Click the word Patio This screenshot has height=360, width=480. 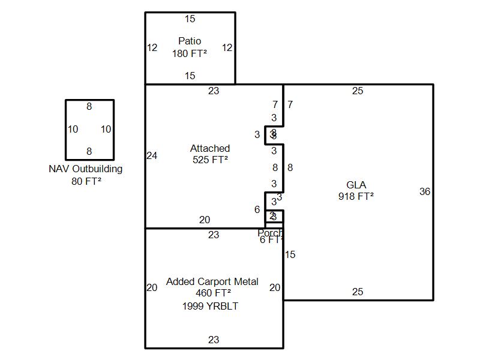tap(190, 41)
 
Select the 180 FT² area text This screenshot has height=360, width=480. tap(190, 53)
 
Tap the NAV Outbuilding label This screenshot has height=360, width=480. tap(85, 169)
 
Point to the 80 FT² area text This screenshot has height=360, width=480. tap(86, 181)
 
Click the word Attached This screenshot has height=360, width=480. tap(210, 149)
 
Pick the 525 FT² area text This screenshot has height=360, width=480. tap(210, 160)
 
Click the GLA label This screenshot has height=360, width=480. tap(356, 185)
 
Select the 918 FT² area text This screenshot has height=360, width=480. tap(356, 196)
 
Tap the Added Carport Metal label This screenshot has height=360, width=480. tap(212, 282)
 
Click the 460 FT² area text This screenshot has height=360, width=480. tap(213, 293)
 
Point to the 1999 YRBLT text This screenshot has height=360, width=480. tap(210, 306)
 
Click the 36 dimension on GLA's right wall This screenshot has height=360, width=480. tap(425, 192)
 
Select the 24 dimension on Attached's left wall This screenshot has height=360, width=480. tap(152, 156)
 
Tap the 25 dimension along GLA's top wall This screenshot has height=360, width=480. tap(358, 91)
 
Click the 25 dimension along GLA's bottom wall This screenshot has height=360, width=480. tap(358, 292)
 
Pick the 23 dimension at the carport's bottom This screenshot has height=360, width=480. tap(214, 340)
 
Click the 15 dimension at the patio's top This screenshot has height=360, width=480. tap(190, 19)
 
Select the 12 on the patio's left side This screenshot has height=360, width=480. tap(152, 48)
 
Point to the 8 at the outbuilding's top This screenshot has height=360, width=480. tap(89, 107)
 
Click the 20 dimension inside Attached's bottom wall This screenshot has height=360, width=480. tap(205, 220)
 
